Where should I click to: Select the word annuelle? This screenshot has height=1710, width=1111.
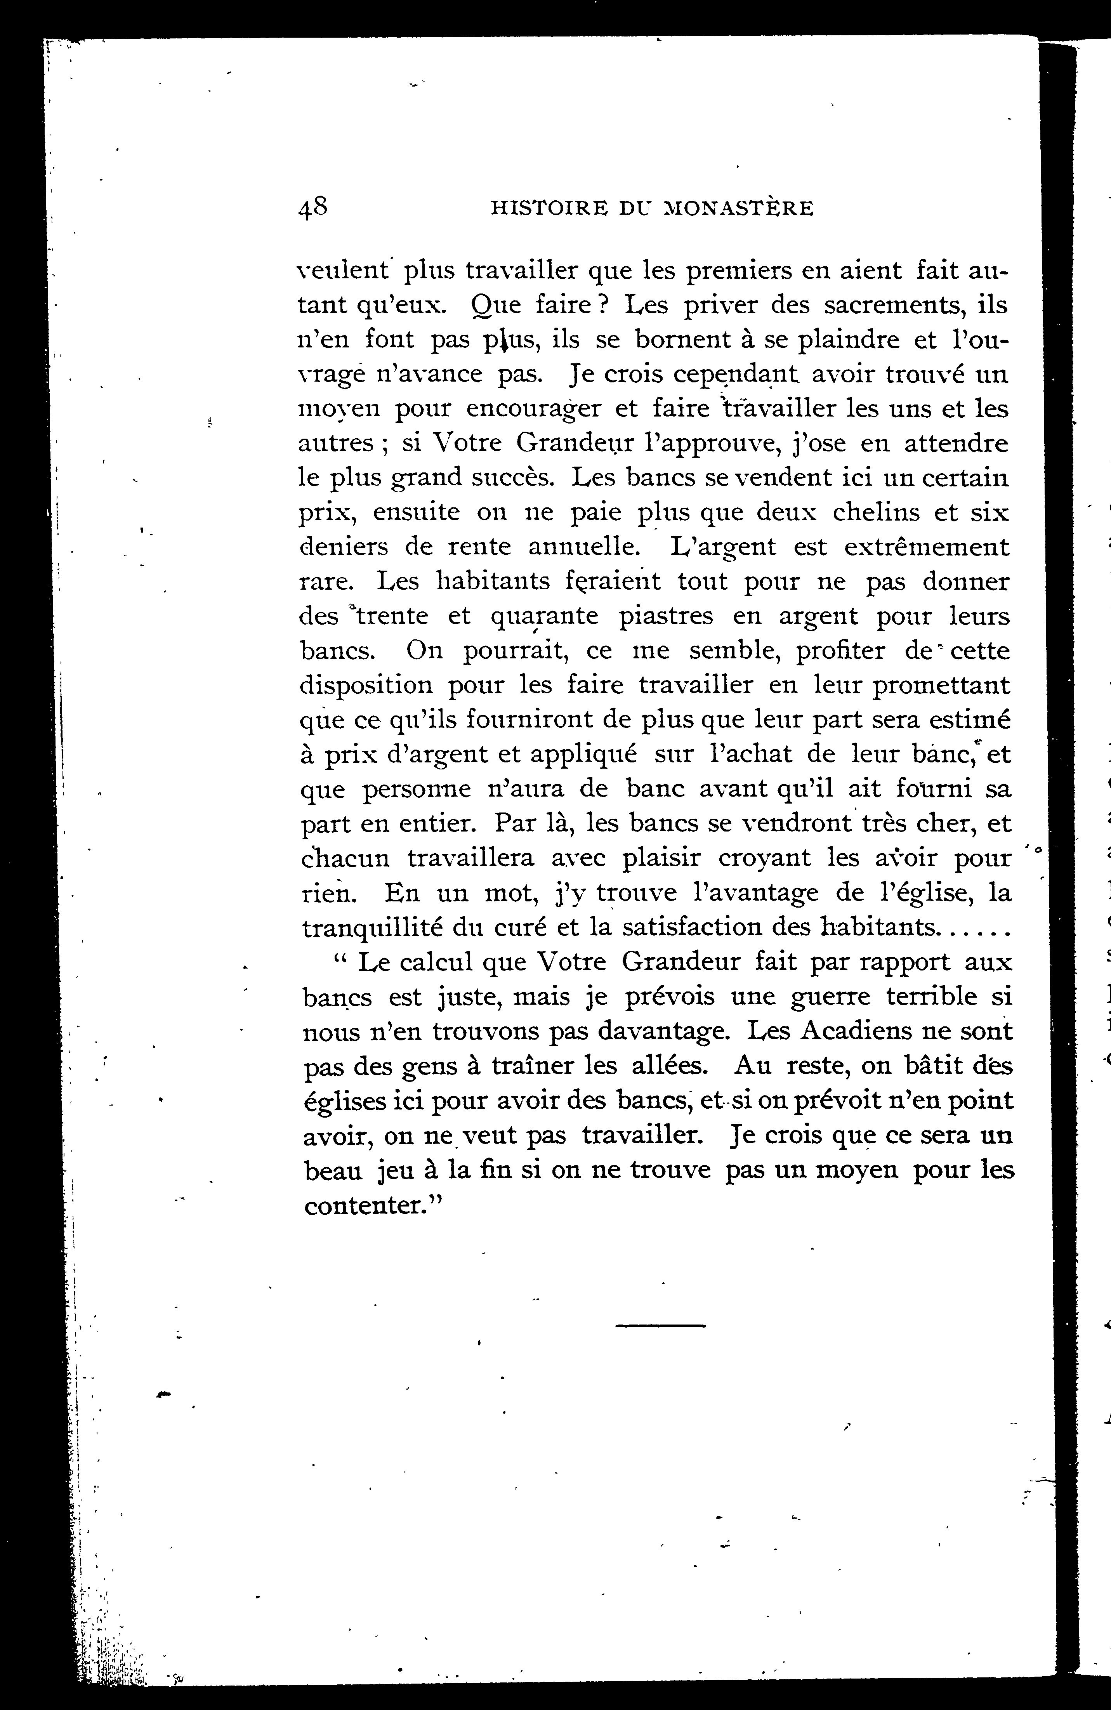click(x=583, y=547)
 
